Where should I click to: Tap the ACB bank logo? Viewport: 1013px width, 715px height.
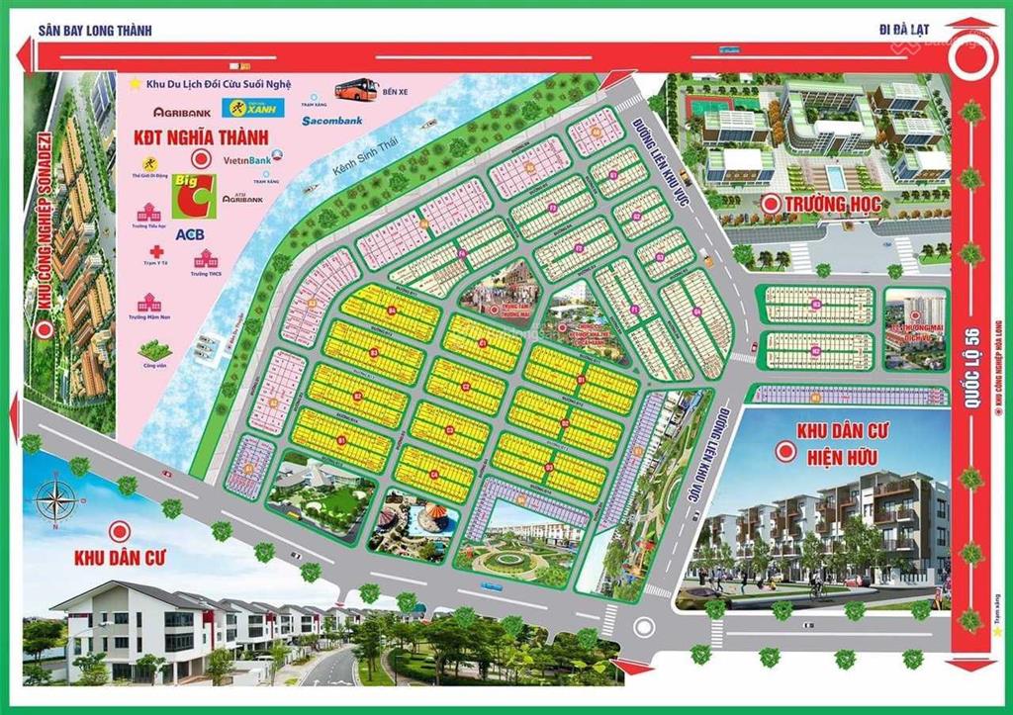(188, 235)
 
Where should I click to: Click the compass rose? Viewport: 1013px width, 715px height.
(57, 500)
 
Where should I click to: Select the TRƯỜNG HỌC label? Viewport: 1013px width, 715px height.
(837, 205)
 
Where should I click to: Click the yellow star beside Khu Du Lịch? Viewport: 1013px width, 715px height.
(136, 83)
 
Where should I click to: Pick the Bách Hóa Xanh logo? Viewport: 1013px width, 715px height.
(254, 106)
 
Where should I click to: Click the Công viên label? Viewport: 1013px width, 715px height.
(150, 365)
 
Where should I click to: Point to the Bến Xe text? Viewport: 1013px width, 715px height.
(395, 91)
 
